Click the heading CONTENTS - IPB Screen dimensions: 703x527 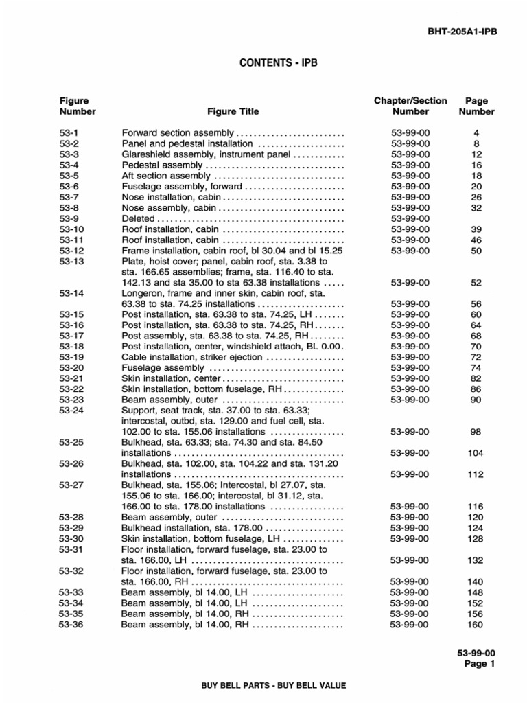(278, 63)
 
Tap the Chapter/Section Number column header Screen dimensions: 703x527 (410, 106)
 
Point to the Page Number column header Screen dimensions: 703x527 (476, 106)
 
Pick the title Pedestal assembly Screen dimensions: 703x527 (163, 165)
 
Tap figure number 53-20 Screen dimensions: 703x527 (71, 367)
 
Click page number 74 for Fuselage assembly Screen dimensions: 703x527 (476, 367)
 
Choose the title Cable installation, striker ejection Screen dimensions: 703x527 (191, 357)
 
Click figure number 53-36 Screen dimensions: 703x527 (71, 624)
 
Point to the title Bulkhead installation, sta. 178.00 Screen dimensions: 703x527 (191, 528)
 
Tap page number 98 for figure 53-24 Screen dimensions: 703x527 (476, 431)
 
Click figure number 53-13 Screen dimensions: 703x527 (71, 261)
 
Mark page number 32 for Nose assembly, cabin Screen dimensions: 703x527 (476, 208)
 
